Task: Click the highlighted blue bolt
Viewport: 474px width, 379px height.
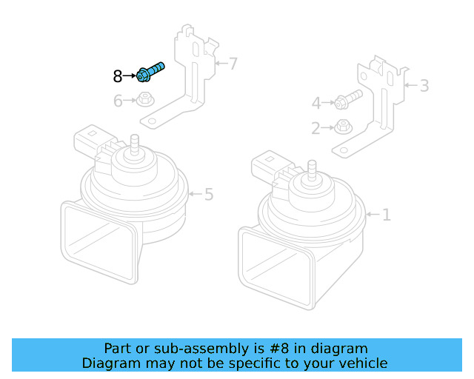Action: click(150, 73)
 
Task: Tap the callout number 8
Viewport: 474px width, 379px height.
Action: click(118, 76)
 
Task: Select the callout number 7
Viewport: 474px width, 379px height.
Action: click(233, 64)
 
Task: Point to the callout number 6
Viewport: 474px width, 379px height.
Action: click(118, 101)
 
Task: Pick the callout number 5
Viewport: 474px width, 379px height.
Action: click(209, 195)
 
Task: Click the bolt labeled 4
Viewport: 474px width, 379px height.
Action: click(348, 98)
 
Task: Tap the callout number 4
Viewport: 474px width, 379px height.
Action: click(316, 104)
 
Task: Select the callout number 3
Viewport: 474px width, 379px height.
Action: click(424, 86)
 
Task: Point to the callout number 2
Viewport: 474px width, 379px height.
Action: click(316, 129)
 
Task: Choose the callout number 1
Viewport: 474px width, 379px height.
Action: click(386, 215)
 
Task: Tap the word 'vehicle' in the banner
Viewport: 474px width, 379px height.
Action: click(362, 363)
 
